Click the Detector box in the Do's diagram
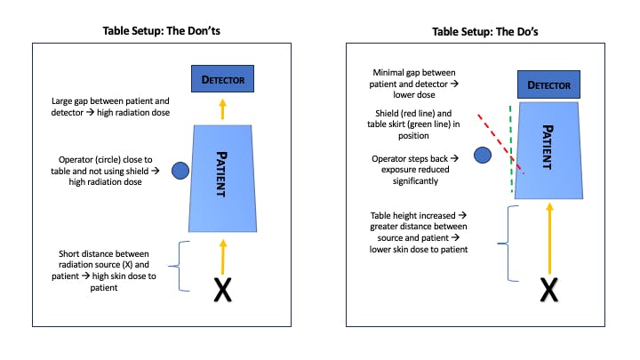coord(548,86)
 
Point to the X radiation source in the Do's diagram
coord(549,290)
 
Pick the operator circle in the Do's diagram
coord(482,156)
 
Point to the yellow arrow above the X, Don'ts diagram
coord(222,252)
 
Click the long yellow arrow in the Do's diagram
coord(549,235)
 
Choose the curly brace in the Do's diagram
coord(508,244)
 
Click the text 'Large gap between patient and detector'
coord(112,108)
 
